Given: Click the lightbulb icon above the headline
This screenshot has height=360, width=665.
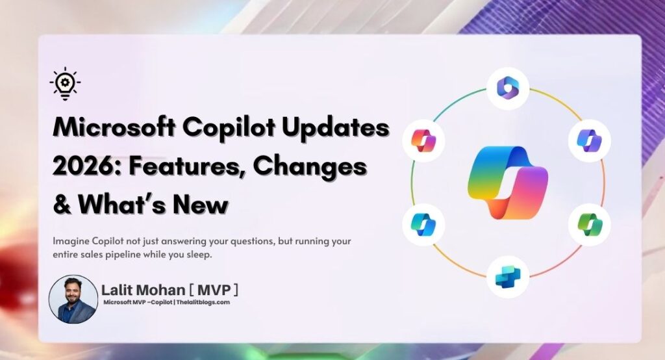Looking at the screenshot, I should [x=65, y=85].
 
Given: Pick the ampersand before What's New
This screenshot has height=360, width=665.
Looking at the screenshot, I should [x=62, y=205].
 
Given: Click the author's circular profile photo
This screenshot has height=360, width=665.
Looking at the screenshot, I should [x=73, y=299].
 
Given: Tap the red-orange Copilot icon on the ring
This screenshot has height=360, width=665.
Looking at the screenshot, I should [x=423, y=140].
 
